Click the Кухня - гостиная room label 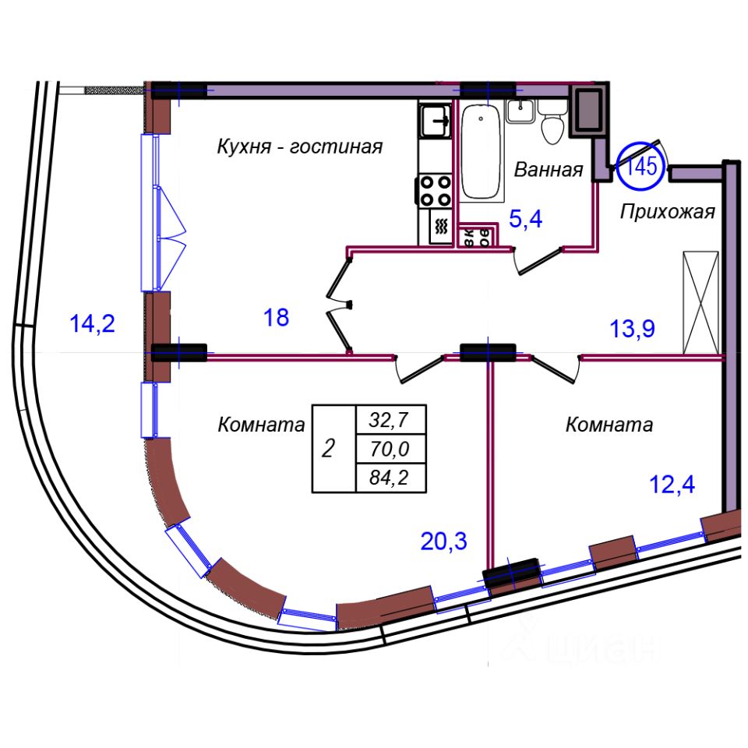pyautogui.click(x=300, y=146)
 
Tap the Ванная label pyautogui.click(x=549, y=170)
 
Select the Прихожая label pyautogui.click(x=668, y=211)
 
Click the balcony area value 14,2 pyautogui.click(x=93, y=323)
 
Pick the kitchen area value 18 pyautogui.click(x=277, y=317)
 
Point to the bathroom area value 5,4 pyautogui.click(x=525, y=220)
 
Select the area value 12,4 pyautogui.click(x=672, y=485)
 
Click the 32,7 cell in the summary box pyautogui.click(x=392, y=421)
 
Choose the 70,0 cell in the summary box pyautogui.click(x=392, y=449)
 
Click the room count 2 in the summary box pyautogui.click(x=330, y=449)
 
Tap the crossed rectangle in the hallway pyautogui.click(x=700, y=302)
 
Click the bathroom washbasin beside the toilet pyautogui.click(x=519, y=111)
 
